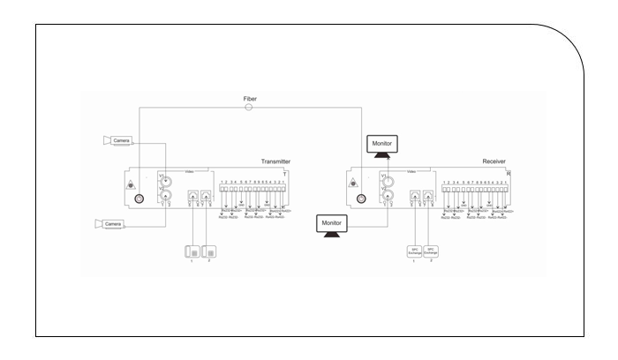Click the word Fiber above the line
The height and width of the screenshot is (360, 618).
[x=250, y=98]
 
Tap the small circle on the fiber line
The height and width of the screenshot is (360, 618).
[x=249, y=108]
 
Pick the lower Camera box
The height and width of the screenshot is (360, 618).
[x=112, y=225]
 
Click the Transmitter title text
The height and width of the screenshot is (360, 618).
[x=275, y=162]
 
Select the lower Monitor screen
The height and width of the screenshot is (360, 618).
[x=335, y=224]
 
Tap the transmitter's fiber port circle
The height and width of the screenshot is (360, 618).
[x=139, y=198]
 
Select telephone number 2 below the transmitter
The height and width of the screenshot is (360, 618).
[x=210, y=251]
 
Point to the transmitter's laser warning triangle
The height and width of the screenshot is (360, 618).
[x=132, y=184]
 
